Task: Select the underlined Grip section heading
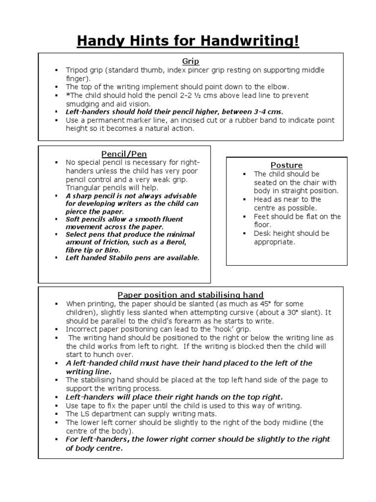pyautogui.click(x=190, y=61)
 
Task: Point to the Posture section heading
pyautogui.click(x=286, y=165)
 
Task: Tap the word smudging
pyautogui.click(x=83, y=103)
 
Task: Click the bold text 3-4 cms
pyautogui.click(x=268, y=112)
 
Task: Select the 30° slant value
pyautogui.click(x=295, y=312)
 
